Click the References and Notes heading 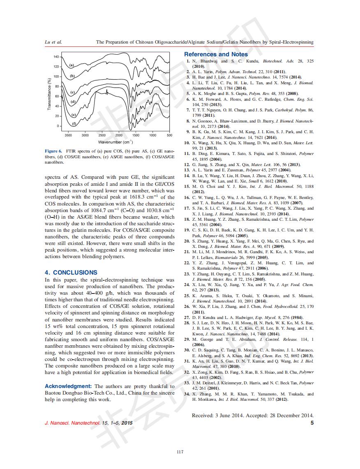pos(216,54)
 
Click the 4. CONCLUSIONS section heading pos(71,273)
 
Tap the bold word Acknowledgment pos(68,386)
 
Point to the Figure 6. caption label pos(53,151)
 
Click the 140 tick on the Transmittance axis pos(56,56)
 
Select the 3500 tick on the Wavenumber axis pos(68,135)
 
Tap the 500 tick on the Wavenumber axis pos(169,135)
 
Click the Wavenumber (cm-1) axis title pos(115,142)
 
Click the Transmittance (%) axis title pos(49,94)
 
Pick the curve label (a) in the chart pos(71,65)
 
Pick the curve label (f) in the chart pos(74,123)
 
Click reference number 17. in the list pos(187,208)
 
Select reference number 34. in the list pos(187,394)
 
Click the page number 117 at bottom pos(180,452)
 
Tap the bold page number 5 pos(312,423)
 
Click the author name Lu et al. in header pos(53,42)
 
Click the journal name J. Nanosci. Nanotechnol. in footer pos(72,423)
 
